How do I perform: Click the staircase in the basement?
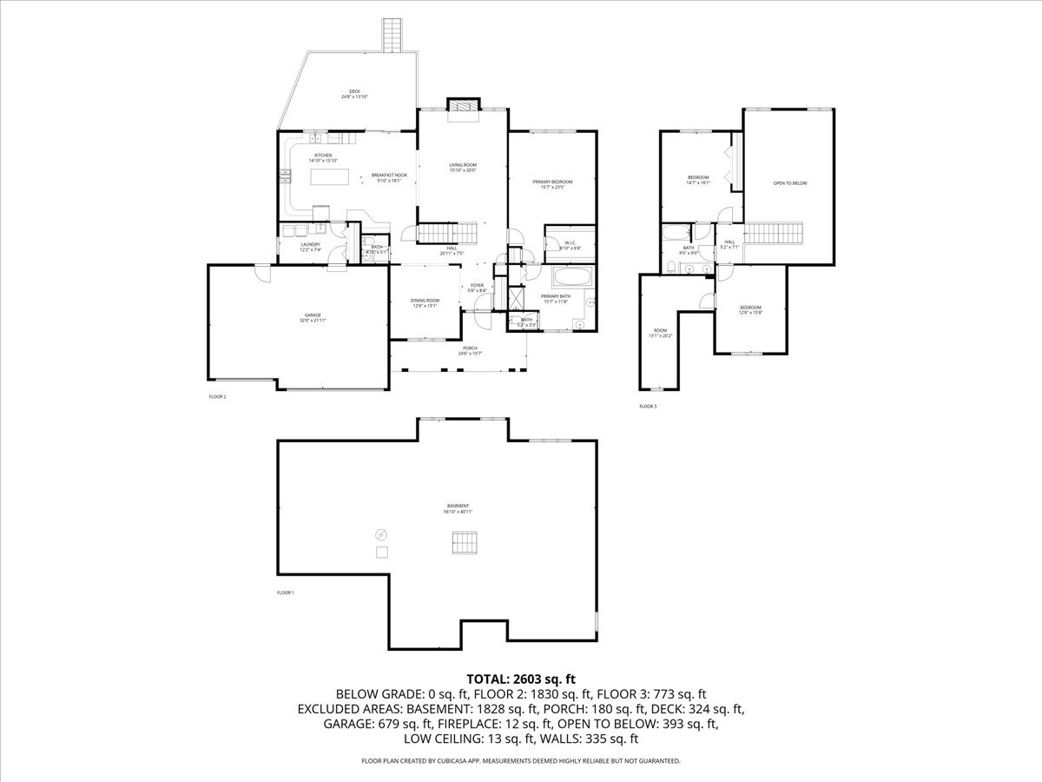[x=465, y=542]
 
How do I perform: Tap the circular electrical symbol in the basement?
[x=380, y=534]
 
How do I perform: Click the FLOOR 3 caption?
[x=648, y=406]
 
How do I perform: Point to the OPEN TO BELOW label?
[x=790, y=183]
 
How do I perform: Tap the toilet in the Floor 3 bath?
[x=672, y=267]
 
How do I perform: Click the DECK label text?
[x=354, y=93]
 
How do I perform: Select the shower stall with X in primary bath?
[x=516, y=297]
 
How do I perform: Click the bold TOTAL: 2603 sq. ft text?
[x=521, y=678]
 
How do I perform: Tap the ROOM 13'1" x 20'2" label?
[x=663, y=333]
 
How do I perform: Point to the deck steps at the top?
[x=393, y=34]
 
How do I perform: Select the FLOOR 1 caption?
[x=286, y=593]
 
